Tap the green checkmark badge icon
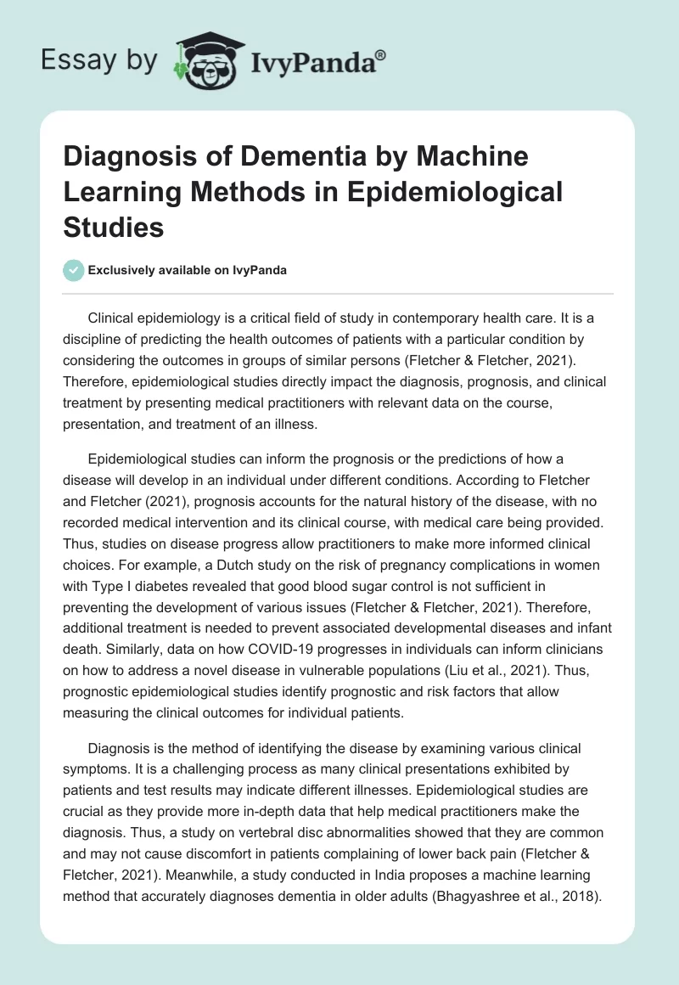(x=74, y=270)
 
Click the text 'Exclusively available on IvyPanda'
(x=187, y=270)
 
